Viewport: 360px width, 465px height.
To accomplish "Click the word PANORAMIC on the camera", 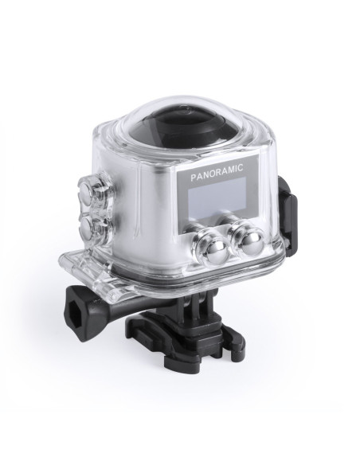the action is point(217,170).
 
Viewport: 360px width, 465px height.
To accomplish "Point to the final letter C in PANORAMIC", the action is point(241,167).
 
